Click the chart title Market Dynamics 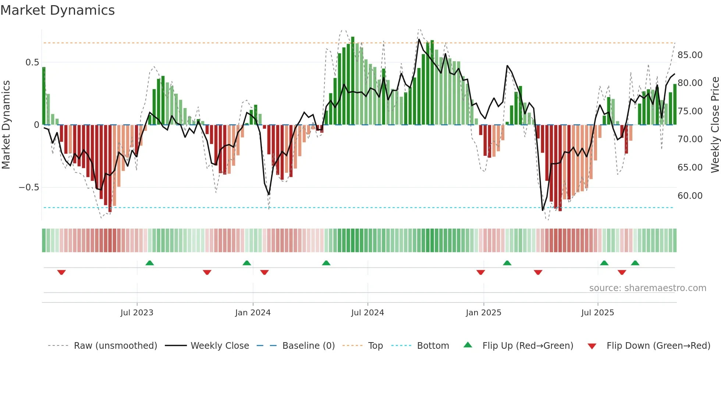58,10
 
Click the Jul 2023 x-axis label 136,313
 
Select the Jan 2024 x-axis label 253,313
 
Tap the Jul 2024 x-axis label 367,313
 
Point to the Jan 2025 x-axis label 483,313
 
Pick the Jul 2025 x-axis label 597,313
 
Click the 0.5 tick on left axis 32,62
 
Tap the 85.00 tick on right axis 690,55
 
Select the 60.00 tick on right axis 690,196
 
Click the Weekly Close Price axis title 715,125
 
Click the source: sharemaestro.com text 647,288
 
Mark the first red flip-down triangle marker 61,272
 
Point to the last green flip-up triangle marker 635,263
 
